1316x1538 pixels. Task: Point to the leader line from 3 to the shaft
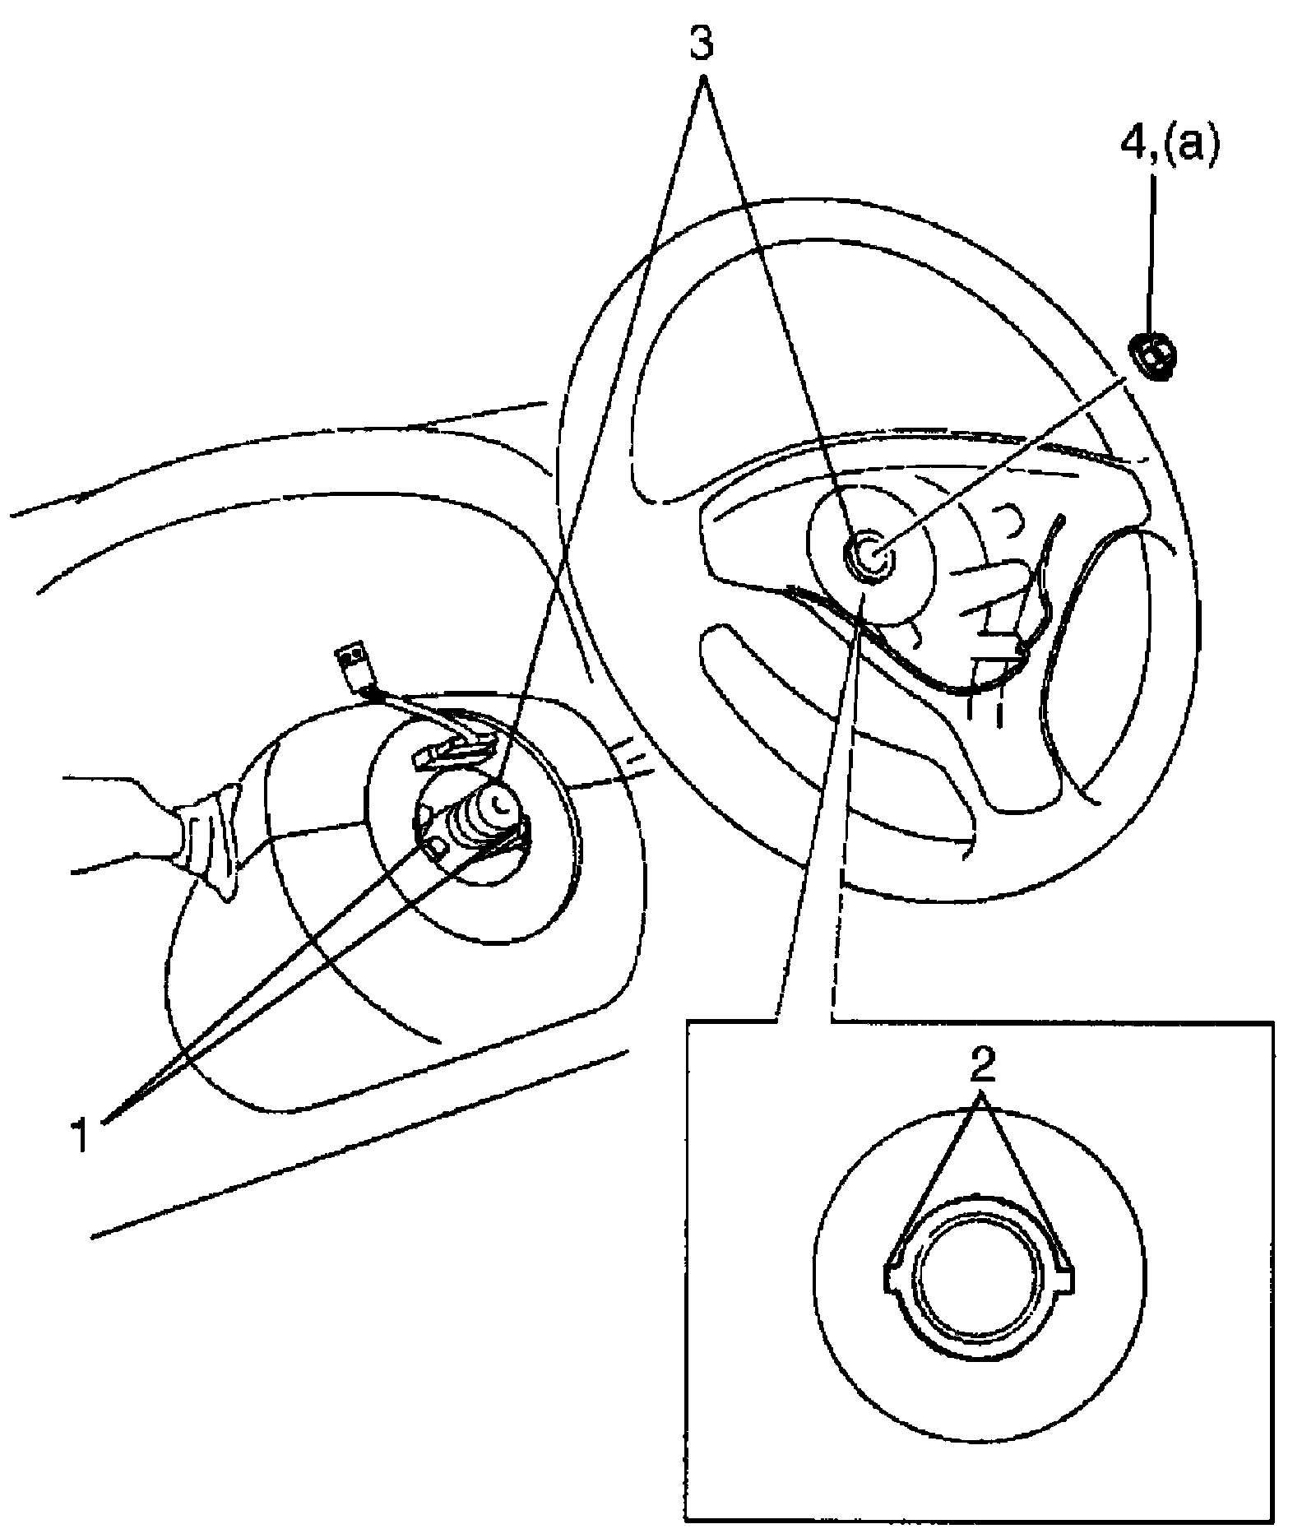tap(609, 411)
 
